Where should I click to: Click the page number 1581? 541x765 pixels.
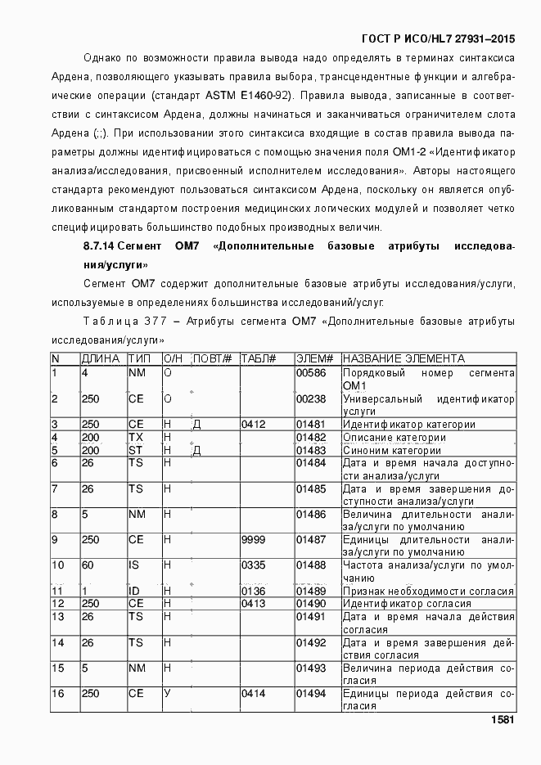(502, 720)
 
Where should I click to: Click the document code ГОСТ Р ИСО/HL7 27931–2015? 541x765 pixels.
(438, 38)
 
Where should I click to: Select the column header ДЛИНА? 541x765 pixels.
(101, 358)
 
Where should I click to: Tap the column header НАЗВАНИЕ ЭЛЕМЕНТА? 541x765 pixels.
(403, 358)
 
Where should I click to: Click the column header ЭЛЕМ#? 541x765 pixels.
(314, 358)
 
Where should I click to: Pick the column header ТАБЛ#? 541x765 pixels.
(258, 358)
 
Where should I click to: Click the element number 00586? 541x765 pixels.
(310, 373)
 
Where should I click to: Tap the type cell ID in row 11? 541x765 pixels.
(134, 592)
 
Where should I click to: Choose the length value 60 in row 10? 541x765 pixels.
(88, 565)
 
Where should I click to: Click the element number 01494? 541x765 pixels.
(310, 694)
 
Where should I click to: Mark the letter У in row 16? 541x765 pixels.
(167, 694)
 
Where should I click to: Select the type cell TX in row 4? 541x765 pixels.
(135, 438)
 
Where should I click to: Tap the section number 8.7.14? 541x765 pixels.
(98, 246)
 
